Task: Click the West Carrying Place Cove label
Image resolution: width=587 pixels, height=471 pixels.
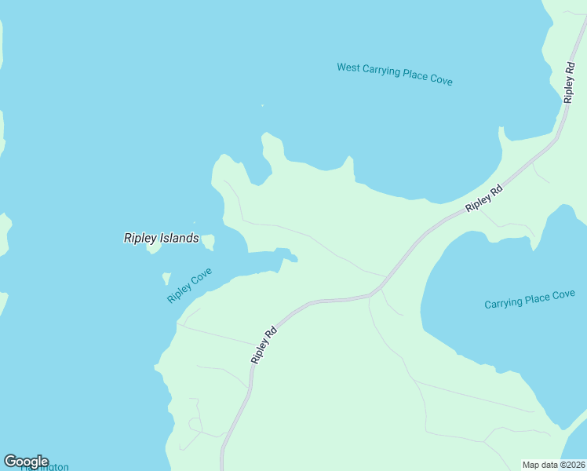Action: (x=395, y=74)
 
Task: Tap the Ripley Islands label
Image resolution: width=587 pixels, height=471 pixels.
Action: (x=161, y=238)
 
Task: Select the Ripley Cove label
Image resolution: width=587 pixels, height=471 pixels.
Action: (x=189, y=287)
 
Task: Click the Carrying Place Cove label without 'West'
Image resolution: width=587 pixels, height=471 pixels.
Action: (x=530, y=299)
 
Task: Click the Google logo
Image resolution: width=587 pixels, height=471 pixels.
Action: (x=26, y=462)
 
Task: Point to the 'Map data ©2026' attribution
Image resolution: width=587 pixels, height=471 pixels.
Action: (x=553, y=465)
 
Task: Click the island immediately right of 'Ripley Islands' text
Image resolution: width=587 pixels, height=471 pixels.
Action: (x=209, y=242)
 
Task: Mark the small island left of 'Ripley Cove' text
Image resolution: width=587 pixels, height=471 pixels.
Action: (x=166, y=278)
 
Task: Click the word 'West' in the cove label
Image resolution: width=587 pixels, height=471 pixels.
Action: (x=348, y=68)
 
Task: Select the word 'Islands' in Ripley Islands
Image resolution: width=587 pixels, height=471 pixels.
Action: (x=180, y=238)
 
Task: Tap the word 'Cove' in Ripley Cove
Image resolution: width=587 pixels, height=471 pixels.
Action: (x=202, y=279)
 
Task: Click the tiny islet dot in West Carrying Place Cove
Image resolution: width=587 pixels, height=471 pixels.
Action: (x=262, y=105)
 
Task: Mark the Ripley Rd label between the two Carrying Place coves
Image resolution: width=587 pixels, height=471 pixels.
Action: (x=483, y=198)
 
